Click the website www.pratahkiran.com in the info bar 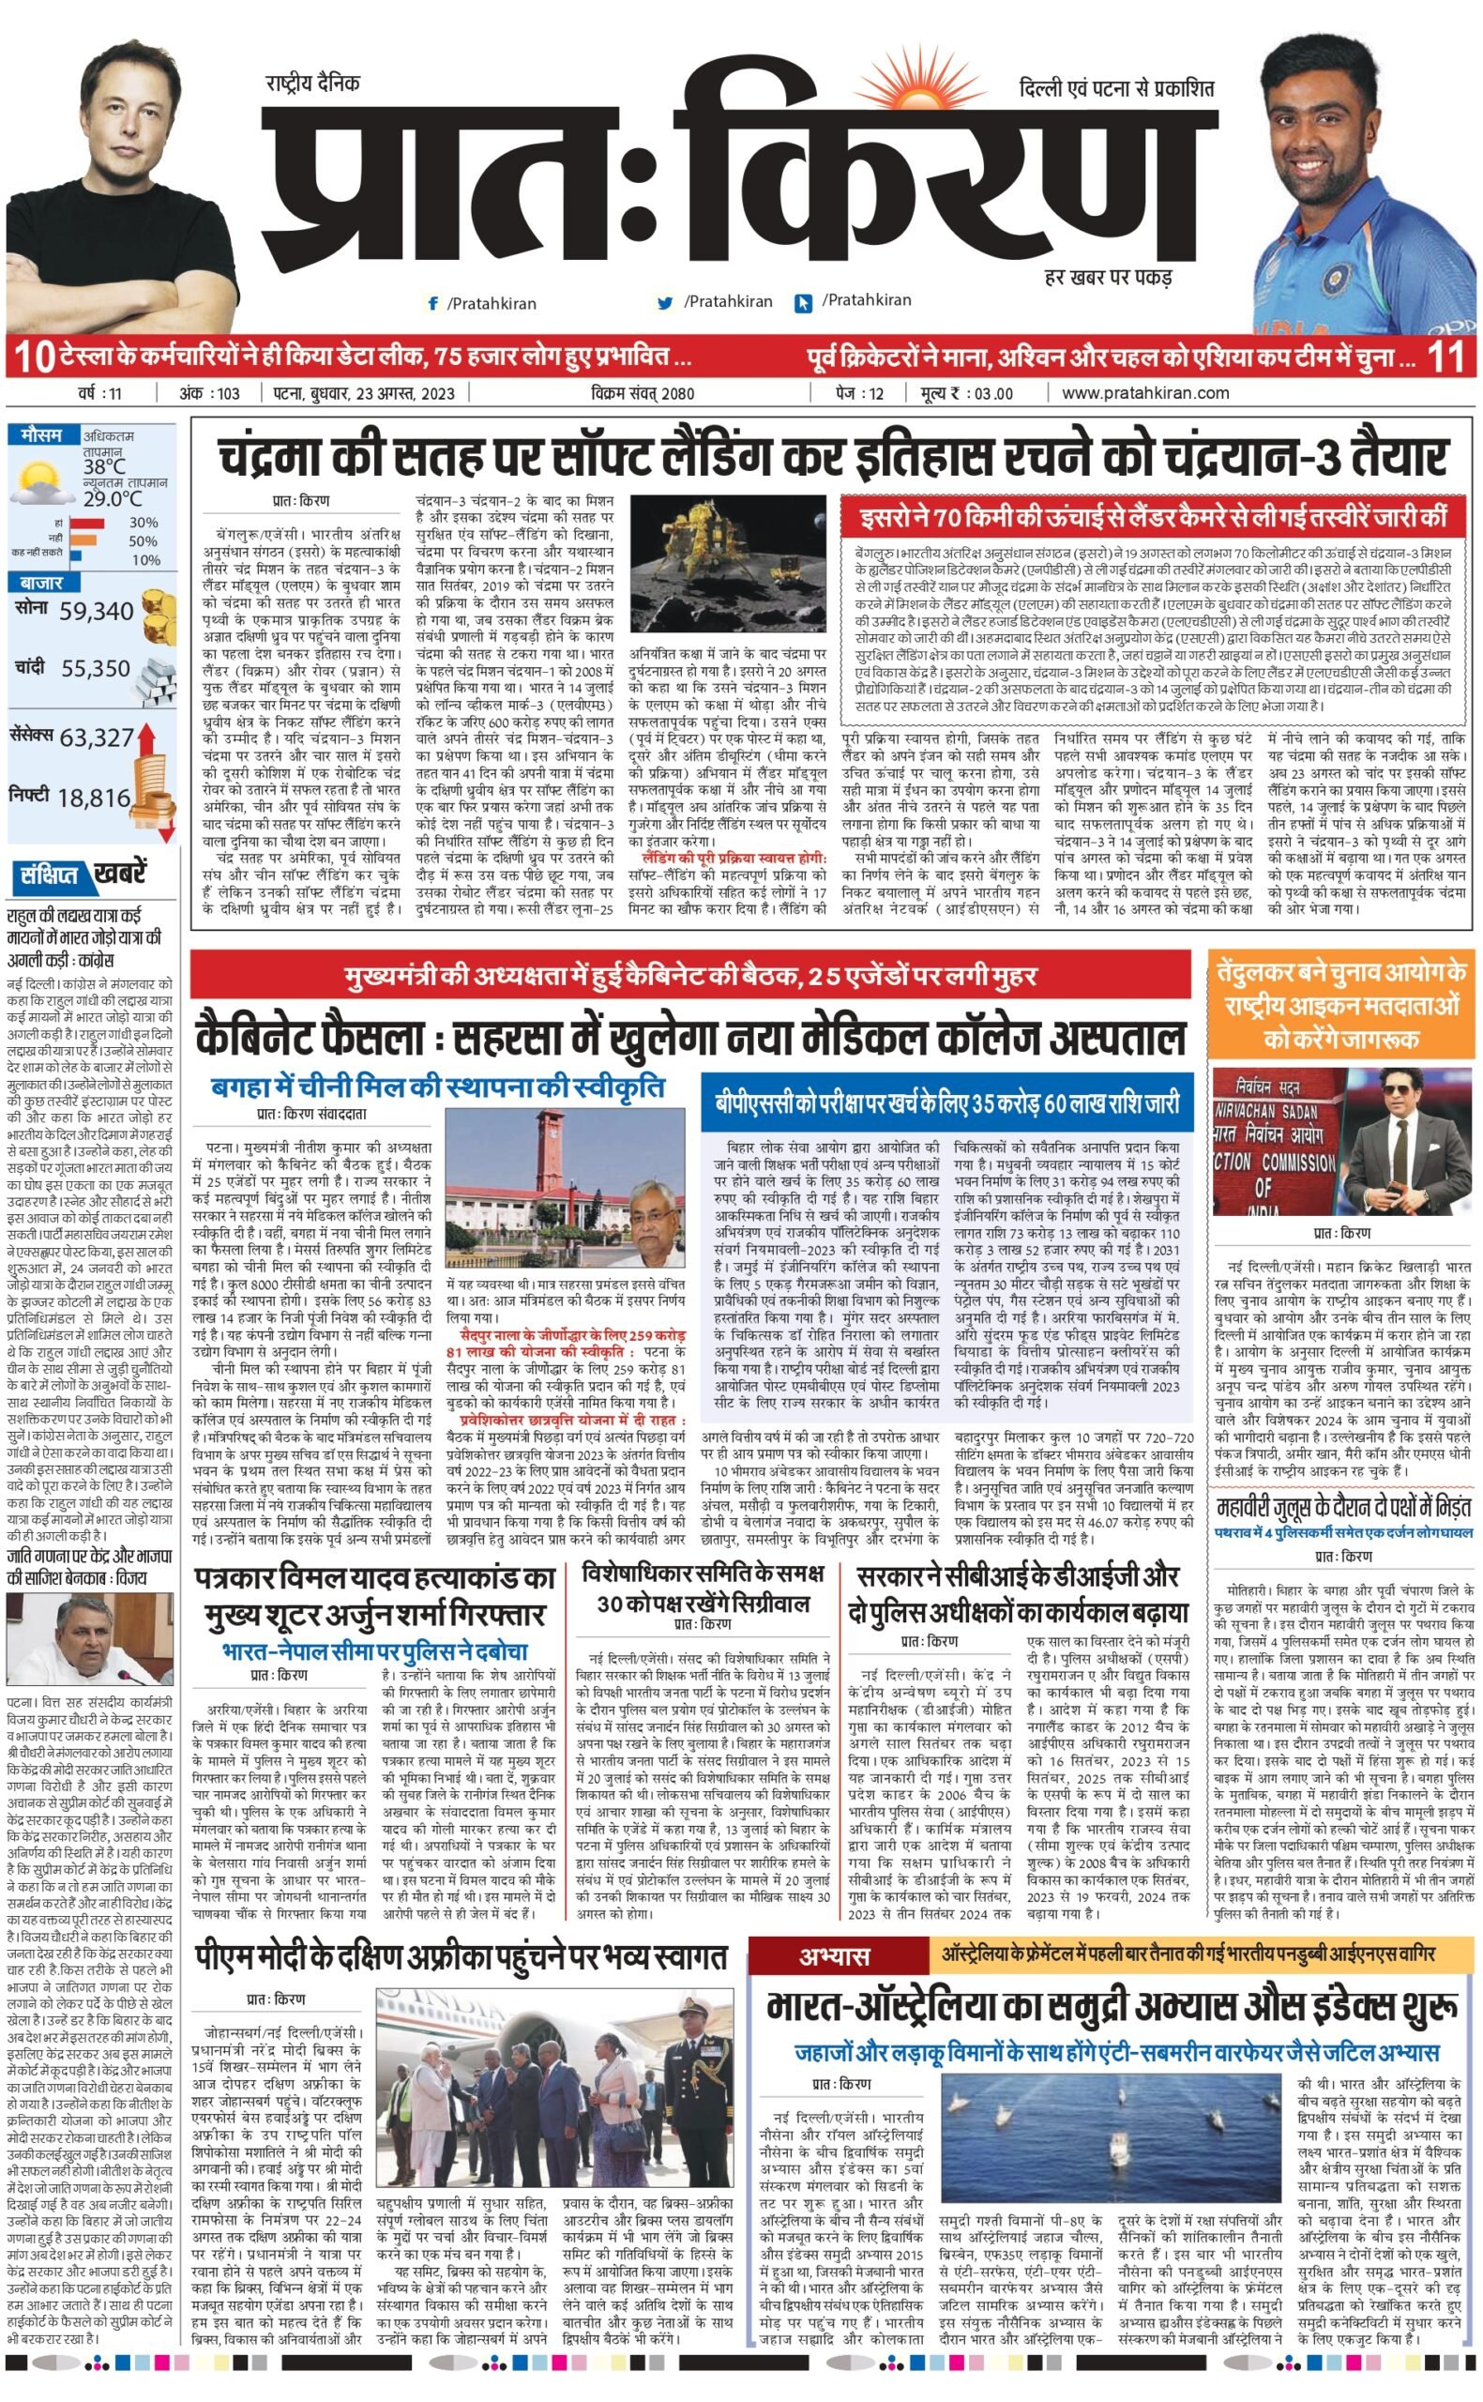click(1144, 393)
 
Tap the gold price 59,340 click(95, 611)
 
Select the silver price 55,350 click(95, 669)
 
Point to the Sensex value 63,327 click(96, 737)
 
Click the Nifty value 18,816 click(94, 798)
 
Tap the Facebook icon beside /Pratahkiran click(432, 304)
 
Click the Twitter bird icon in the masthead click(666, 303)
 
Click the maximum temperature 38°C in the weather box click(104, 467)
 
